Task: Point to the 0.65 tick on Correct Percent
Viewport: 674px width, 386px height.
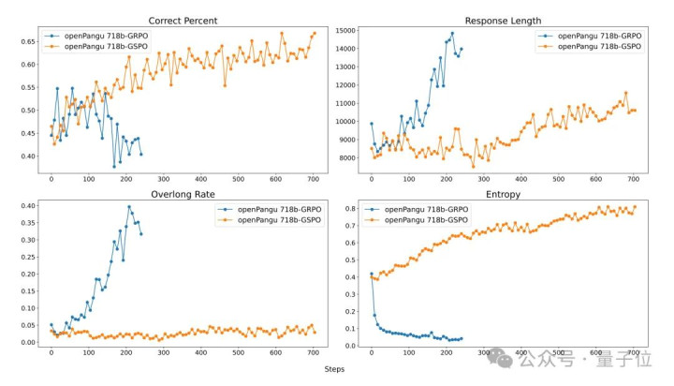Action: tap(26, 41)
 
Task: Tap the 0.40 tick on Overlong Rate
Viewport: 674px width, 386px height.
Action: tap(26, 205)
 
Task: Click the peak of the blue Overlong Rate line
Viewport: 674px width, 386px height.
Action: tap(129, 207)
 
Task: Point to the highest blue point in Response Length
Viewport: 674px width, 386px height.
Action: tap(452, 33)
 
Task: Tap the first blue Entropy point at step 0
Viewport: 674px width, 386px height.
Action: tap(372, 274)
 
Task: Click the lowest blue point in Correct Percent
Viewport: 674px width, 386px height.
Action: tap(114, 167)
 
